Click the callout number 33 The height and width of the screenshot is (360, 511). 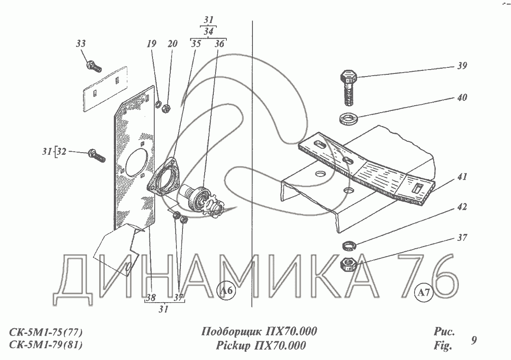pyautogui.click(x=81, y=43)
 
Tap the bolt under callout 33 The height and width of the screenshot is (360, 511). pyautogui.click(x=94, y=66)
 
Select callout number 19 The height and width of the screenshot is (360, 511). pyautogui.click(x=151, y=43)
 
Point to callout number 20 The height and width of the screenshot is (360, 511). pyautogui.click(x=173, y=43)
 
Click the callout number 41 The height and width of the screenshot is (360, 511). pyautogui.click(x=462, y=177)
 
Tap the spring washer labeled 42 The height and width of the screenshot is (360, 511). pyautogui.click(x=349, y=245)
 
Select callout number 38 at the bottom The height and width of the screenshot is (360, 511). pyautogui.click(x=151, y=297)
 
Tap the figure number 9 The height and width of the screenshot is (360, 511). pyautogui.click(x=474, y=340)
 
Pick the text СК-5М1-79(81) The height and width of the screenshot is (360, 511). pyautogui.click(x=46, y=345)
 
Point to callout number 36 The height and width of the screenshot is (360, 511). pyautogui.click(x=219, y=43)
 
